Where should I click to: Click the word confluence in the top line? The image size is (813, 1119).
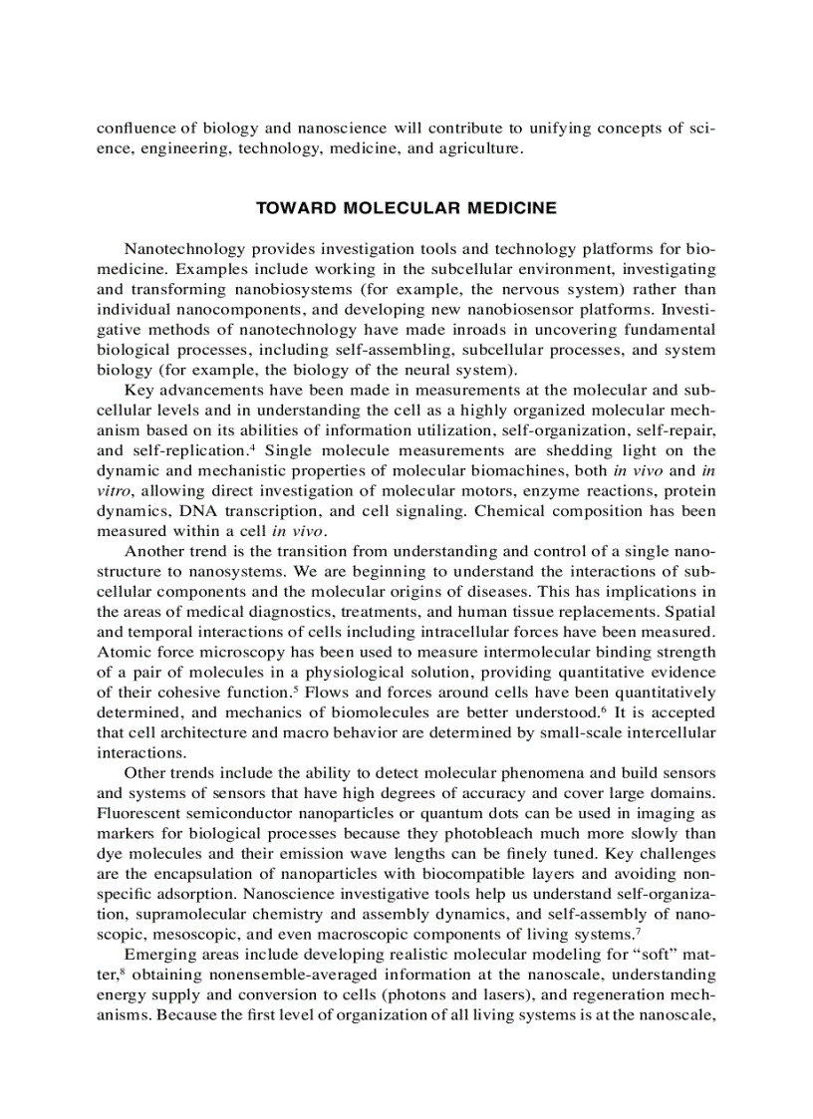tap(136, 129)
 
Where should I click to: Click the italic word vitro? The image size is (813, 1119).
tap(114, 490)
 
